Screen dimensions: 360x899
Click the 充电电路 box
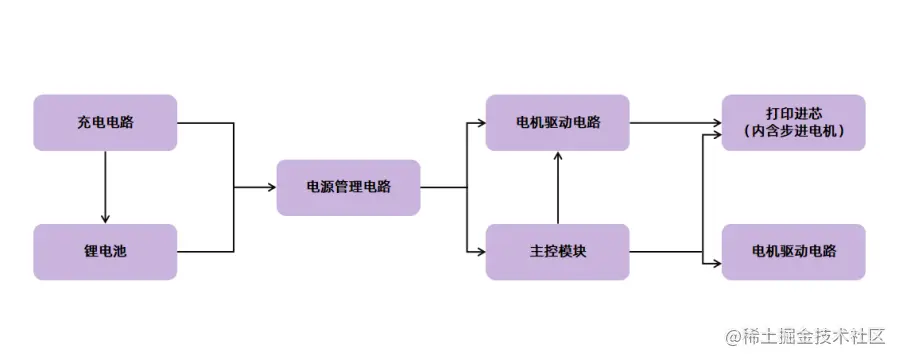pos(105,123)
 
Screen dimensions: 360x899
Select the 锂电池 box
pos(105,252)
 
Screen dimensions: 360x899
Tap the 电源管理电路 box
pos(348,187)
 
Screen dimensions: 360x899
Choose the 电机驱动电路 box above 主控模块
pos(557,123)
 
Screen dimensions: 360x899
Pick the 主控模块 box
pos(557,252)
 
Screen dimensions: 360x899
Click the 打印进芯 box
pos(794,123)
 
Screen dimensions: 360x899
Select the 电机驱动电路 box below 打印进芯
pos(794,252)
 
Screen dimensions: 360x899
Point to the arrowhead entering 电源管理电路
pos(271,187)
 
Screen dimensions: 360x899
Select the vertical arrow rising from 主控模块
pos(557,190)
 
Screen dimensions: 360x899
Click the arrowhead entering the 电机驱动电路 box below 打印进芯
pos(716,263)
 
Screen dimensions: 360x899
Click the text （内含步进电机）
pos(794,132)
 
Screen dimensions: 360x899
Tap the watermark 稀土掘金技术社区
pos(818,336)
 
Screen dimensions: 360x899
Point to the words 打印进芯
pos(794,113)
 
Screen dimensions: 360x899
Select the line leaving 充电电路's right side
pos(205,123)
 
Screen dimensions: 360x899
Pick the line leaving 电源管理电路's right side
pos(443,187)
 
